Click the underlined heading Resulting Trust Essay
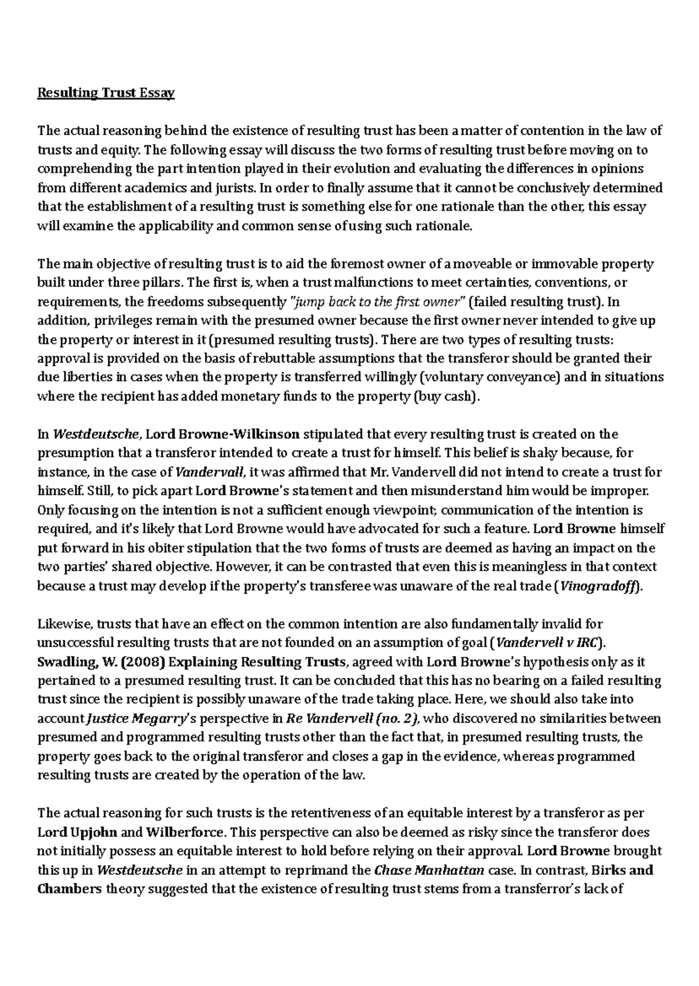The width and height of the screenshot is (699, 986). pyautogui.click(x=106, y=93)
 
